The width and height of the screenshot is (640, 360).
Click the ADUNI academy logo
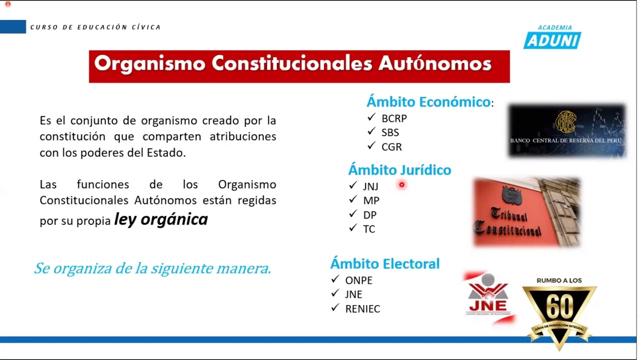point(552,37)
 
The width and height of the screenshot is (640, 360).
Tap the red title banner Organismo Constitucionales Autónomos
point(299,66)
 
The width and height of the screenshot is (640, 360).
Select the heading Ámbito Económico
point(428,102)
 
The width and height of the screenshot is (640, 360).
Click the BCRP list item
point(394,118)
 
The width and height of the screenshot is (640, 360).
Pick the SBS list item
point(390,132)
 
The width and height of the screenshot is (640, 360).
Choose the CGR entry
point(391,147)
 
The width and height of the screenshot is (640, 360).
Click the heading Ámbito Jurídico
point(399,170)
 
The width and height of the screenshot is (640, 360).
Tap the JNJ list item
point(370,186)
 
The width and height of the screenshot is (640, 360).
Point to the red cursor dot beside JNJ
point(401,185)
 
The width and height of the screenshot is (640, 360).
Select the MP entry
point(371,200)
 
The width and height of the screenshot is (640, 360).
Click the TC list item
point(369,229)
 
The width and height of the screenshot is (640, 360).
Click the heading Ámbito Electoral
point(384,263)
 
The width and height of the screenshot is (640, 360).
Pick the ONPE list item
point(358,280)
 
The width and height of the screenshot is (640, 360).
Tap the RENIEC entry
point(362,309)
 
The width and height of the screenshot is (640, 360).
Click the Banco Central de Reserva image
point(567,131)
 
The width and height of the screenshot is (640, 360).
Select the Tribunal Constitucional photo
point(526,212)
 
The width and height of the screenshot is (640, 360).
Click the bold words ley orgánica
point(161,219)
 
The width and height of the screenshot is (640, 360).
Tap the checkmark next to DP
point(353,214)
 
